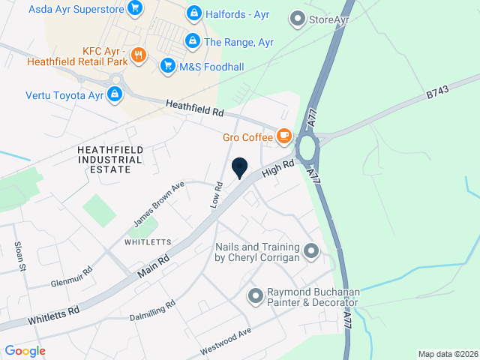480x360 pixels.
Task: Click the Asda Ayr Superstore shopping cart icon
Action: (x=135, y=9)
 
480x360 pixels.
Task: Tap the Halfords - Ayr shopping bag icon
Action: (x=193, y=13)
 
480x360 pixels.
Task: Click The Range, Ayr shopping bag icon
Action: (x=193, y=40)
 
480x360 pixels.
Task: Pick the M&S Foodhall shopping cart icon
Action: (x=167, y=67)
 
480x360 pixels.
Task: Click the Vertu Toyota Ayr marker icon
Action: (x=115, y=94)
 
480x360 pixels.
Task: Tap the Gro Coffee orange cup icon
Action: (x=283, y=136)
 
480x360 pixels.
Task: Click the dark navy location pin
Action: (x=240, y=168)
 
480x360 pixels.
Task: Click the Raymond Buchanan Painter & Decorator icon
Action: (x=256, y=296)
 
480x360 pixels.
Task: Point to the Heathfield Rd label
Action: (x=195, y=109)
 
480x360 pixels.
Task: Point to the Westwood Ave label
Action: (x=225, y=342)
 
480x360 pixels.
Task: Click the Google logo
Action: (x=25, y=350)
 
